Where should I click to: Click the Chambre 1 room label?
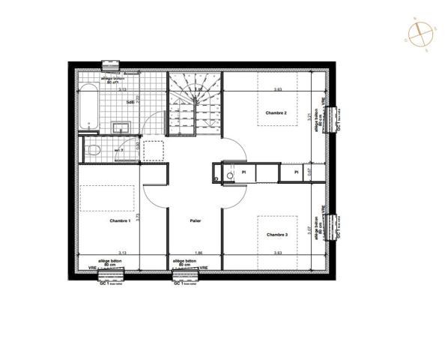click(x=120, y=221)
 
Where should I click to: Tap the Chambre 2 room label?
click(x=276, y=113)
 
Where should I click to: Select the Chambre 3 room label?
click(x=276, y=235)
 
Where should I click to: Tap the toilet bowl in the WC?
click(x=93, y=151)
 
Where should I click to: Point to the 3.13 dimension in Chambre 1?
click(x=121, y=253)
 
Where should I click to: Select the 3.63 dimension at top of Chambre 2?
click(x=277, y=90)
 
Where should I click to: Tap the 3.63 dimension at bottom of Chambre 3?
click(x=277, y=253)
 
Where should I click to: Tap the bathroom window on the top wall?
click(x=111, y=64)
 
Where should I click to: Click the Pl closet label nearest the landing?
click(x=244, y=173)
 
